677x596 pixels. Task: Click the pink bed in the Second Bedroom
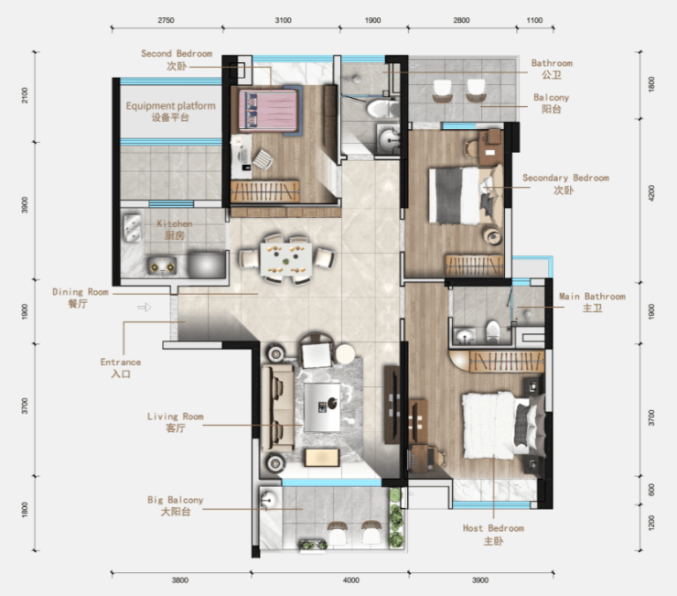(x=268, y=110)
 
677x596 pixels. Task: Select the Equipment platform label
(x=170, y=106)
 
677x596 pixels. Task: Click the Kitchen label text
(x=175, y=224)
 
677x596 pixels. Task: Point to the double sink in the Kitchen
(x=132, y=228)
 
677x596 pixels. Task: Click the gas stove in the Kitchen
(x=162, y=266)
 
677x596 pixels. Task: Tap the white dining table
(x=285, y=259)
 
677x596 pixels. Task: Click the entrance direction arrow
(x=145, y=308)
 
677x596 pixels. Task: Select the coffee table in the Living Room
(x=322, y=407)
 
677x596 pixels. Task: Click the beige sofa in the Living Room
(x=277, y=407)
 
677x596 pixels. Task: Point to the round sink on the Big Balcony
(x=269, y=500)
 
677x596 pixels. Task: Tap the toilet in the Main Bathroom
(x=492, y=331)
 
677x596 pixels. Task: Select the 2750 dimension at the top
(x=166, y=20)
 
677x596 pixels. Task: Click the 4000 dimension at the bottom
(x=351, y=580)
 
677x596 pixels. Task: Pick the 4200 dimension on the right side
(x=651, y=193)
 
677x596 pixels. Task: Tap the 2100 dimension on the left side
(x=25, y=95)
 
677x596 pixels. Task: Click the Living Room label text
(x=176, y=417)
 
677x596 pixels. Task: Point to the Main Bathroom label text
(x=593, y=297)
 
